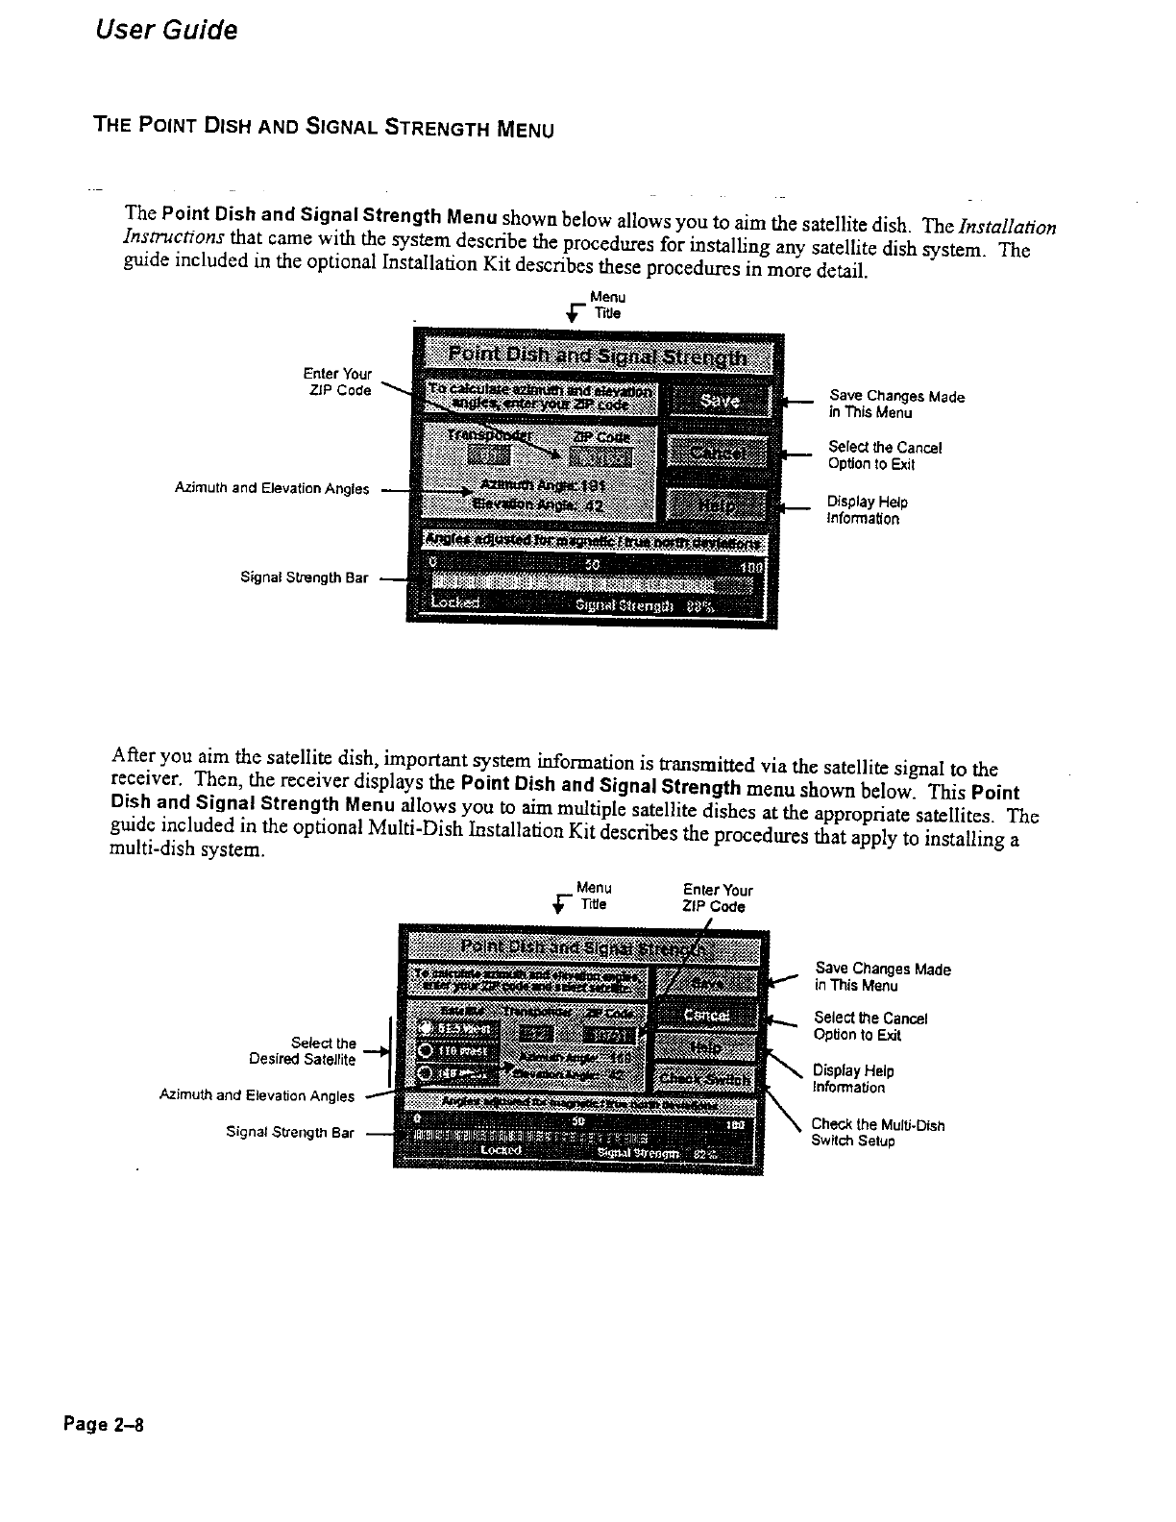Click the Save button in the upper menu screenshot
click(719, 401)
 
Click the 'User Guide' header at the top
click(166, 30)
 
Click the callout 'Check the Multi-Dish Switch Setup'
click(877, 1133)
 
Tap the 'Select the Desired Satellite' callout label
click(304, 1051)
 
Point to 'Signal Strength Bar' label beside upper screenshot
click(304, 577)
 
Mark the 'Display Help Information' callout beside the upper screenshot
click(866, 510)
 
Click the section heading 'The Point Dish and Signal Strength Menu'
click(324, 127)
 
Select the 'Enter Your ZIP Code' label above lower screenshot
click(717, 897)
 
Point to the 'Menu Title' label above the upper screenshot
click(604, 306)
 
